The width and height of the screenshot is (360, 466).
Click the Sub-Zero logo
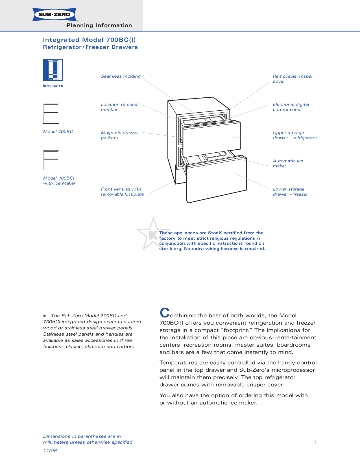click(54, 14)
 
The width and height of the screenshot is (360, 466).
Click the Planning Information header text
click(99, 25)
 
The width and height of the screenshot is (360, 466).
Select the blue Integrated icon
click(53, 70)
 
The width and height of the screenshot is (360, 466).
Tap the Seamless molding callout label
click(121, 76)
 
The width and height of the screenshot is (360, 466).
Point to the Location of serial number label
click(119, 107)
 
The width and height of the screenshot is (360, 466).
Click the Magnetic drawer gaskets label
click(119, 135)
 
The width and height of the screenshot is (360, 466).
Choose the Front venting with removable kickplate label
click(122, 192)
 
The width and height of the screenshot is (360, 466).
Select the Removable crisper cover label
click(293, 79)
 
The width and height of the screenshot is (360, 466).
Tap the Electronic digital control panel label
click(291, 107)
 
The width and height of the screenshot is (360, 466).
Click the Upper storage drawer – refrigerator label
click(294, 135)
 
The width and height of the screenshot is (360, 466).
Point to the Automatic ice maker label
click(287, 163)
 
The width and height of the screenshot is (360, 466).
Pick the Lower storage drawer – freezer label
click(290, 192)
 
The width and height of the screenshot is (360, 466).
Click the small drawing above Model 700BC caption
click(51, 113)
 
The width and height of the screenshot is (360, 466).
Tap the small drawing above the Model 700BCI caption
click(51, 160)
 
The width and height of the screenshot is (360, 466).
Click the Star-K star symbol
click(153, 234)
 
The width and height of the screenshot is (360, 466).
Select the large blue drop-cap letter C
click(165, 313)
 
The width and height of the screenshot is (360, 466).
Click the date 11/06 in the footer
click(50, 451)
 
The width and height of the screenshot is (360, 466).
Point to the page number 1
click(315, 442)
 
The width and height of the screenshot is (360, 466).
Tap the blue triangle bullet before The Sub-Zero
click(45, 316)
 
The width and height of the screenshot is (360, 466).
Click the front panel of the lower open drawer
click(217, 181)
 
